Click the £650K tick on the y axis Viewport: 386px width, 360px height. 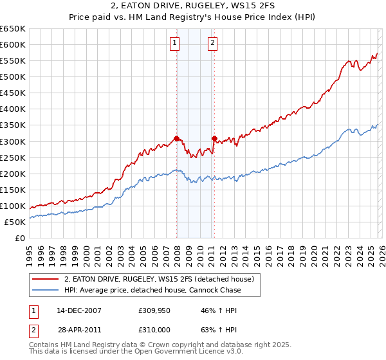click(x=13, y=29)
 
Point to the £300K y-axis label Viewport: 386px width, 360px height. click(x=13, y=141)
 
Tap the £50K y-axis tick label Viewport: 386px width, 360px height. click(x=15, y=222)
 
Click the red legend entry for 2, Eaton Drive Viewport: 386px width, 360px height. click(x=159, y=279)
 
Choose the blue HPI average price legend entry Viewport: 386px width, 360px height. click(x=152, y=290)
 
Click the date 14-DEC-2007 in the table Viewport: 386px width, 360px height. click(x=79, y=310)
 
